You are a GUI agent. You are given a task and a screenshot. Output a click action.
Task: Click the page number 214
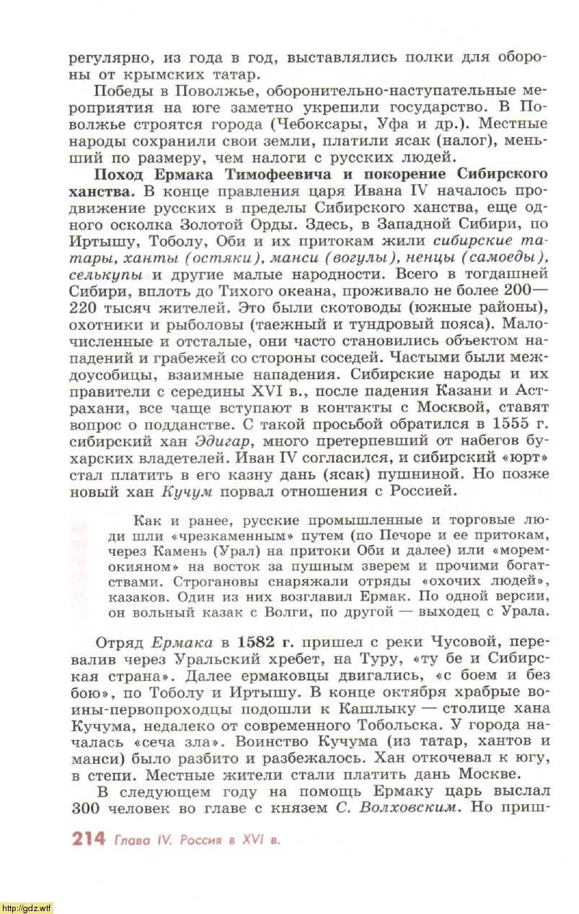[88, 839]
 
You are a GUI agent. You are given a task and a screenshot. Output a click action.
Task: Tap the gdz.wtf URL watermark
[27, 908]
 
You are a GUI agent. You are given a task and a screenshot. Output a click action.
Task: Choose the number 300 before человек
[87, 807]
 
